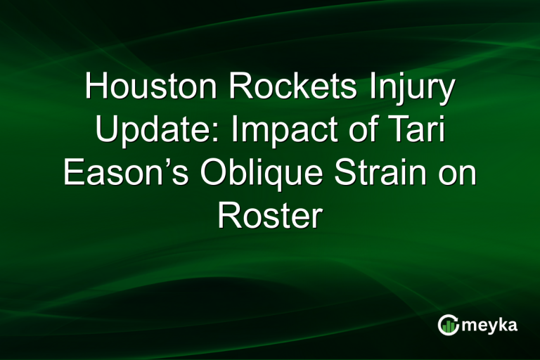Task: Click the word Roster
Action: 270,216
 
